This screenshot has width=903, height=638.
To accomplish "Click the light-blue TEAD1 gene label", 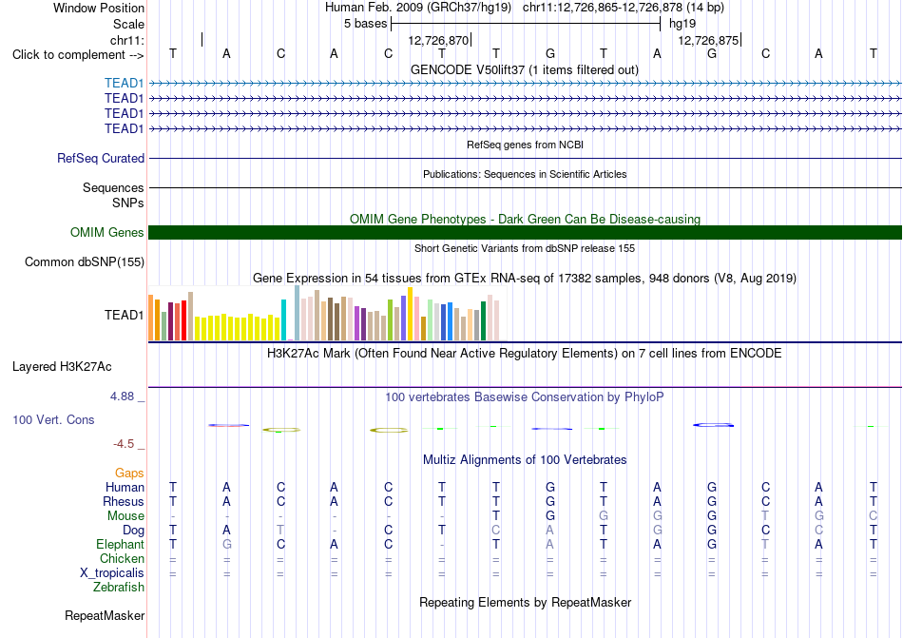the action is [x=124, y=83].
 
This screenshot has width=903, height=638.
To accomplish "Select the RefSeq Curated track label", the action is [x=101, y=159].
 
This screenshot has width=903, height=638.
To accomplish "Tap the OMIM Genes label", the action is [x=107, y=232].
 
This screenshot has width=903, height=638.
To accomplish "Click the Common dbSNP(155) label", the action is [x=85, y=262].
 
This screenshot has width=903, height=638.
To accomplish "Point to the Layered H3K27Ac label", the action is [x=62, y=367].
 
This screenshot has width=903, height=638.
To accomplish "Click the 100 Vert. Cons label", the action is [x=53, y=419].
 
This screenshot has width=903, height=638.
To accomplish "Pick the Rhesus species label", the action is [x=124, y=501].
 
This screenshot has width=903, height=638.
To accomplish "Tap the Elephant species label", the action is [x=121, y=544].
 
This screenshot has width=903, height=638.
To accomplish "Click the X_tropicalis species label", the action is [x=112, y=573].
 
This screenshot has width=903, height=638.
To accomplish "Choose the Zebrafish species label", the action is [x=119, y=588].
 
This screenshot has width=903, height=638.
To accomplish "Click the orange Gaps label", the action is [x=129, y=473].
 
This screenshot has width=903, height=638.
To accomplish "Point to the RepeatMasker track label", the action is [x=105, y=615].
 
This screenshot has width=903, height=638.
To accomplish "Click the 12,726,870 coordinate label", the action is [x=438, y=40].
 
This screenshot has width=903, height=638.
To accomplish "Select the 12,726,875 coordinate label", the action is [x=708, y=40].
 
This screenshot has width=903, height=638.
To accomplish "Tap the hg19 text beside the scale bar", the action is [x=682, y=24].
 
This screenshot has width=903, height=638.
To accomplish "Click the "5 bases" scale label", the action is [x=366, y=24].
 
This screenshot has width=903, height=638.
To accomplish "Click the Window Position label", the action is [x=99, y=8].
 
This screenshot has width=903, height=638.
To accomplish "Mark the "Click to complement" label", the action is [x=68, y=55].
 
